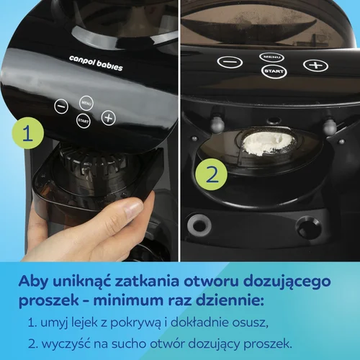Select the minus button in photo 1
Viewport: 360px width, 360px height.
[61, 107]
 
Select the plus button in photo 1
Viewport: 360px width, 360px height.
[108, 117]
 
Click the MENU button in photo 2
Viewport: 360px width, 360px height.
[272, 56]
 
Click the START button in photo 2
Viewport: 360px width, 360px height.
[272, 71]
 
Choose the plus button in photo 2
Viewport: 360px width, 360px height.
[313, 65]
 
